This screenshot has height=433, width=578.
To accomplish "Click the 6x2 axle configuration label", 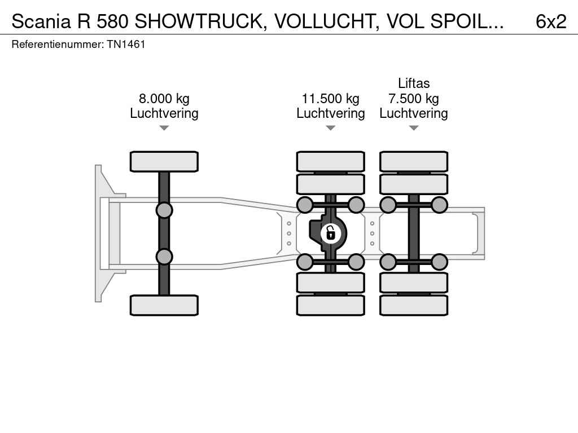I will (x=550, y=21).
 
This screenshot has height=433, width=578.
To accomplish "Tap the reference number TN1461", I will (x=126, y=44).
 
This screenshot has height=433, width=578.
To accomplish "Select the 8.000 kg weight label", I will (x=164, y=99).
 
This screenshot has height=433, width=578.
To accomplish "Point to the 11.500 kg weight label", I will (x=330, y=99).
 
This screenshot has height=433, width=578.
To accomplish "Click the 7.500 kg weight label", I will (x=413, y=99).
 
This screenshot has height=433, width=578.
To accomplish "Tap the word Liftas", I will (x=414, y=83).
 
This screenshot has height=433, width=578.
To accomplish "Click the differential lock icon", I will (x=330, y=232).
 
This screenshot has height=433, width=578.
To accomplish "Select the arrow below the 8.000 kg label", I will (x=164, y=128).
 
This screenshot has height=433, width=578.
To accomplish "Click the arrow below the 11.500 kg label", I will (x=330, y=128).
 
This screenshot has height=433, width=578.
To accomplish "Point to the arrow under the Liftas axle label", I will (x=414, y=128).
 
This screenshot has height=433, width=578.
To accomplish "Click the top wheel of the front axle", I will (x=164, y=161).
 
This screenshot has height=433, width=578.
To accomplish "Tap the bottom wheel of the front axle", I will (x=164, y=305).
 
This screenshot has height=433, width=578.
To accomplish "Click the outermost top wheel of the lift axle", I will (x=414, y=161).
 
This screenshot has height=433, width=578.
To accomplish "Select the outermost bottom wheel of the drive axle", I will (x=330, y=305).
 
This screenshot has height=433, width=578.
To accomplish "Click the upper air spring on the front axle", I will (x=164, y=210).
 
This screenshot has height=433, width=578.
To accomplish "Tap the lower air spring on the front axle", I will (x=164, y=257).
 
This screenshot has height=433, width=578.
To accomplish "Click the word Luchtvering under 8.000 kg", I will (x=164, y=113).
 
